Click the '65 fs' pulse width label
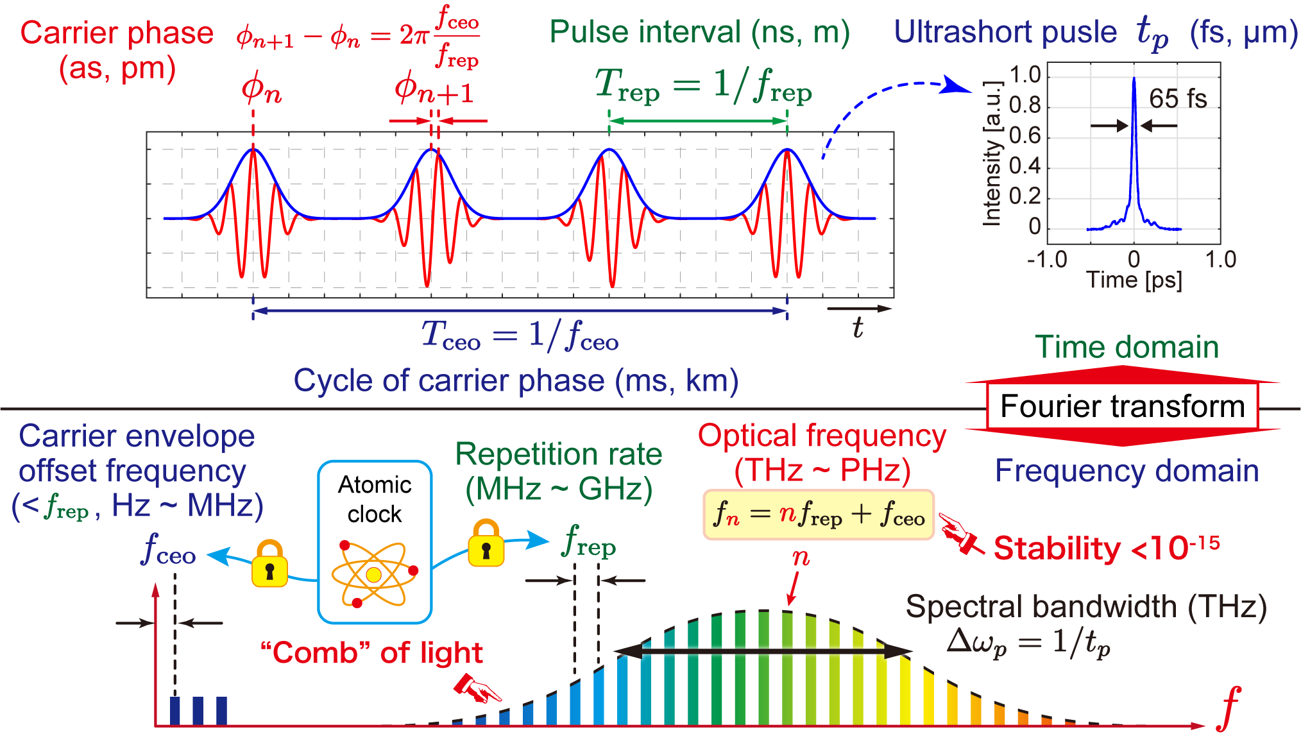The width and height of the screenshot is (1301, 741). tap(1178, 99)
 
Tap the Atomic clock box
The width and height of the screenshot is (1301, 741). tap(375, 542)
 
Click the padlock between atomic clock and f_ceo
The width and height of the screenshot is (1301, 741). tap(269, 564)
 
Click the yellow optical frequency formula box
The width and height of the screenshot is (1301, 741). tap(819, 515)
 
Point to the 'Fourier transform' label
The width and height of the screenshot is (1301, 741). tap(1122, 406)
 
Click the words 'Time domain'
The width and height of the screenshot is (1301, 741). tap(1127, 347)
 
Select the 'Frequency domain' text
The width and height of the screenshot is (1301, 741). tap(1127, 471)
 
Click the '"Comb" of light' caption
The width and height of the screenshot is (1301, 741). tap(371, 653)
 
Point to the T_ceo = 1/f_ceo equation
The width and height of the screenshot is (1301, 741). tap(520, 336)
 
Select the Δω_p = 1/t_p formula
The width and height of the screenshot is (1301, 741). tap(1028, 642)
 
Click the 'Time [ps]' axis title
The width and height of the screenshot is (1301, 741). tap(1134, 280)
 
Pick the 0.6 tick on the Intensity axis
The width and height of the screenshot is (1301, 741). tap(1025, 135)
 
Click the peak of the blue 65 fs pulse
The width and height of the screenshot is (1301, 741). tap(1134, 79)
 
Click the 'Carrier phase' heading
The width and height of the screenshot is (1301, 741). tap(117, 33)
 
